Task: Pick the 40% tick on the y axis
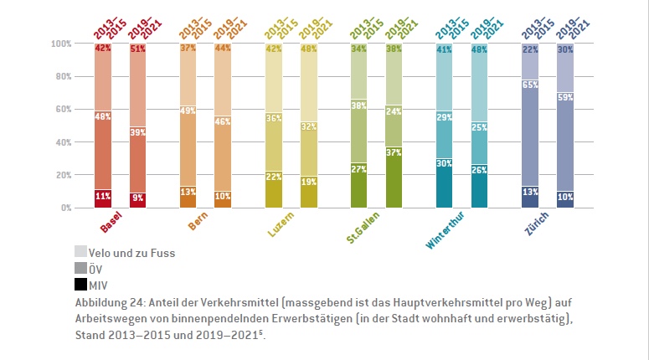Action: (x=63, y=142)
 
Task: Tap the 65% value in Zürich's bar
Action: (x=530, y=85)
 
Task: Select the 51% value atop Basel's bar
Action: (x=138, y=49)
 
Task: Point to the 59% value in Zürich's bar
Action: (x=565, y=97)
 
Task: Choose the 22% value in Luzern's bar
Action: (x=274, y=176)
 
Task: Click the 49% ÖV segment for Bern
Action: (x=188, y=111)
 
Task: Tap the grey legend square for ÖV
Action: (x=81, y=268)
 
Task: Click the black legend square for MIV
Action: (x=81, y=284)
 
